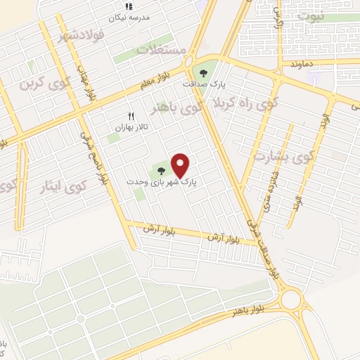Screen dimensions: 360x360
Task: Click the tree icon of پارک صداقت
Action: [205, 72]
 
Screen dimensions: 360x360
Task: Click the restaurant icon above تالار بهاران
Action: [130, 116]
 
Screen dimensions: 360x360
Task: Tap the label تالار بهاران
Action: [133, 129]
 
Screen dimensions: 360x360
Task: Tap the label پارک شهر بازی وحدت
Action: [162, 181]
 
